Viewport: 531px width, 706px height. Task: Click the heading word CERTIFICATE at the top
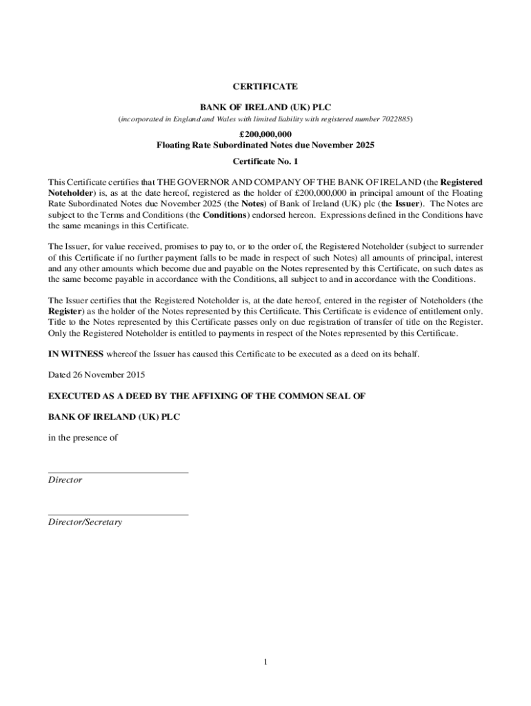point(265,87)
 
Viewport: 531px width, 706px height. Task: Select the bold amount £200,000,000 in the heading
point(265,134)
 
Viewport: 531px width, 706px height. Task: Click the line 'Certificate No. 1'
point(265,161)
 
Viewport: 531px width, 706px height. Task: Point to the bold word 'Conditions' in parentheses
point(226,214)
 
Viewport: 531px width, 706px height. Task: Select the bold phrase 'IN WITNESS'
point(75,354)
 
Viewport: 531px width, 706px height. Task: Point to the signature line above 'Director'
point(118,473)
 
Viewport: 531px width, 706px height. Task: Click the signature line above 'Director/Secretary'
point(118,514)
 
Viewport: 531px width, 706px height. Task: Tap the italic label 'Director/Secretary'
point(85,522)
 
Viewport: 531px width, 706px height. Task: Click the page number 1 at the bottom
point(265,663)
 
